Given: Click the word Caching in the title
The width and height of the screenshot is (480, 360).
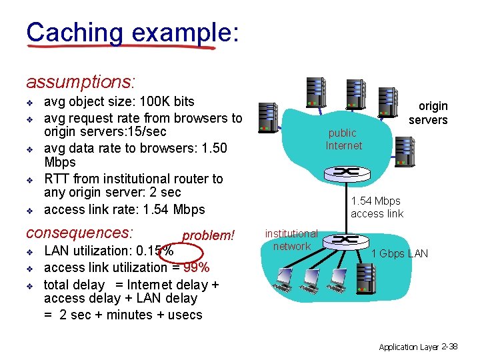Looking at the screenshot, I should point(74,32).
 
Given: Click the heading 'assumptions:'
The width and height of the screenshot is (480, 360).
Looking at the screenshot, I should point(80,82).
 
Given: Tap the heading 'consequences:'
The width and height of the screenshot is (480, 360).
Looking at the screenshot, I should point(79,233).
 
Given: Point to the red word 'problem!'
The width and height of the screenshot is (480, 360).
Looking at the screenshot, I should point(208,235).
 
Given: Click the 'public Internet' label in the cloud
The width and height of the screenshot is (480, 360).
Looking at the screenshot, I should point(343,139).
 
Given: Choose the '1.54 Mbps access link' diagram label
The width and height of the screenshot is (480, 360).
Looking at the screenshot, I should point(376,207).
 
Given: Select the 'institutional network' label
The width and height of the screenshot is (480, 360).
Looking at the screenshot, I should point(291,240).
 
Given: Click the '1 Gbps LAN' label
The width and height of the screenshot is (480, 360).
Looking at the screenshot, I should point(399,253).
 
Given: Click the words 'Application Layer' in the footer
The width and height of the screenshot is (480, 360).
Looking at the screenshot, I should point(408,347).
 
